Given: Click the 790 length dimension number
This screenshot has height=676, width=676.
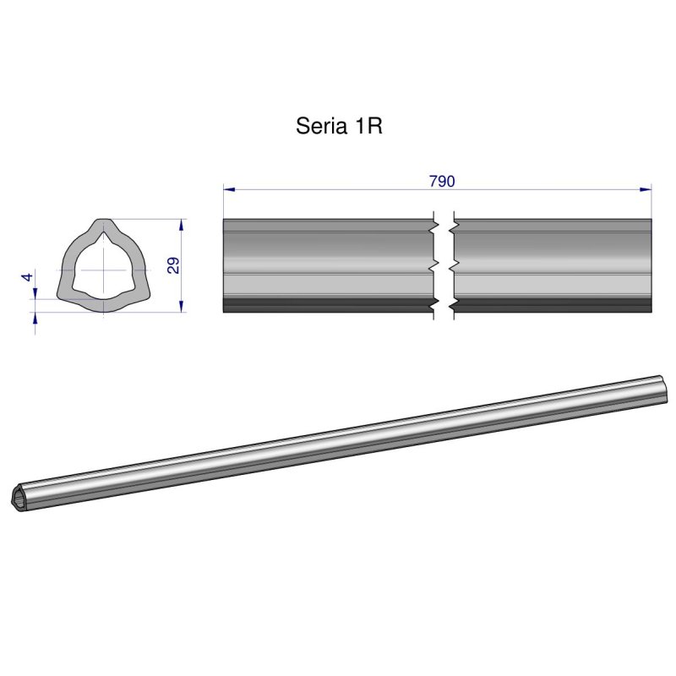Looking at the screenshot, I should tap(442, 182).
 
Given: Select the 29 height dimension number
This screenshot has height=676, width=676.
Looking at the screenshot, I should tap(173, 265).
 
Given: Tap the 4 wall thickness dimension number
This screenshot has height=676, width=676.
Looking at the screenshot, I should tap(27, 277).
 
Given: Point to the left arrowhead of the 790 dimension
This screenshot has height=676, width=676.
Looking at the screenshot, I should tap(227, 190).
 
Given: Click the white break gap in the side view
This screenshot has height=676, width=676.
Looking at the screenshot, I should tap(443, 266).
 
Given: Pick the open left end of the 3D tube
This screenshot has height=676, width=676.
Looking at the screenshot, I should tap(23, 497).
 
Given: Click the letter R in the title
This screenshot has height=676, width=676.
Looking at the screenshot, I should tap(375, 126).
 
